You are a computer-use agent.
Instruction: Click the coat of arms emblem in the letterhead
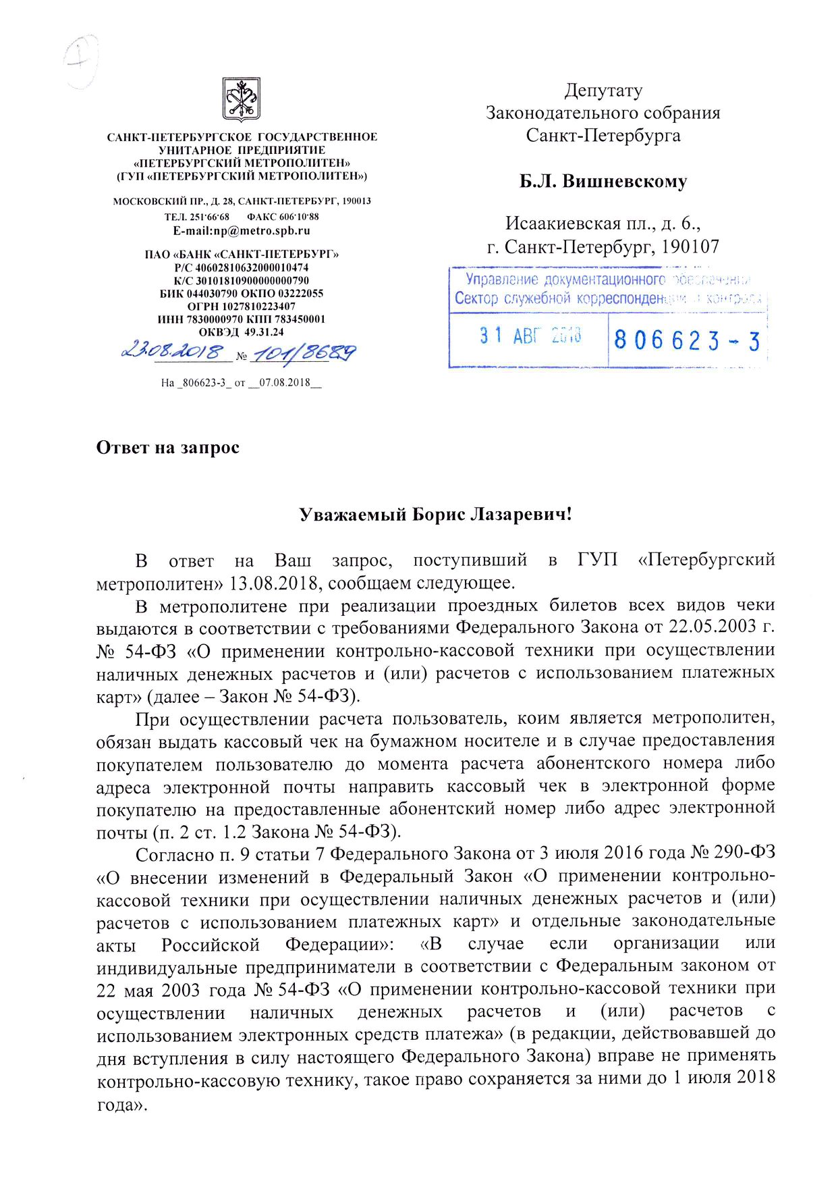click(x=242, y=99)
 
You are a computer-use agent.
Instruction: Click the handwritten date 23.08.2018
click(x=172, y=352)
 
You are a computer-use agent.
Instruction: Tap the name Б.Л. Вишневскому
click(x=603, y=182)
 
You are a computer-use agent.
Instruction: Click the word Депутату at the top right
click(x=603, y=90)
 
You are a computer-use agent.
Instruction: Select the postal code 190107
click(x=690, y=247)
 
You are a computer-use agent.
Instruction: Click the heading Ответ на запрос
click(x=168, y=448)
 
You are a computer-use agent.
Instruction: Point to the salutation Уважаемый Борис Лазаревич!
click(x=435, y=515)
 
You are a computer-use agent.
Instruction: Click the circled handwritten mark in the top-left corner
click(x=82, y=61)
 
